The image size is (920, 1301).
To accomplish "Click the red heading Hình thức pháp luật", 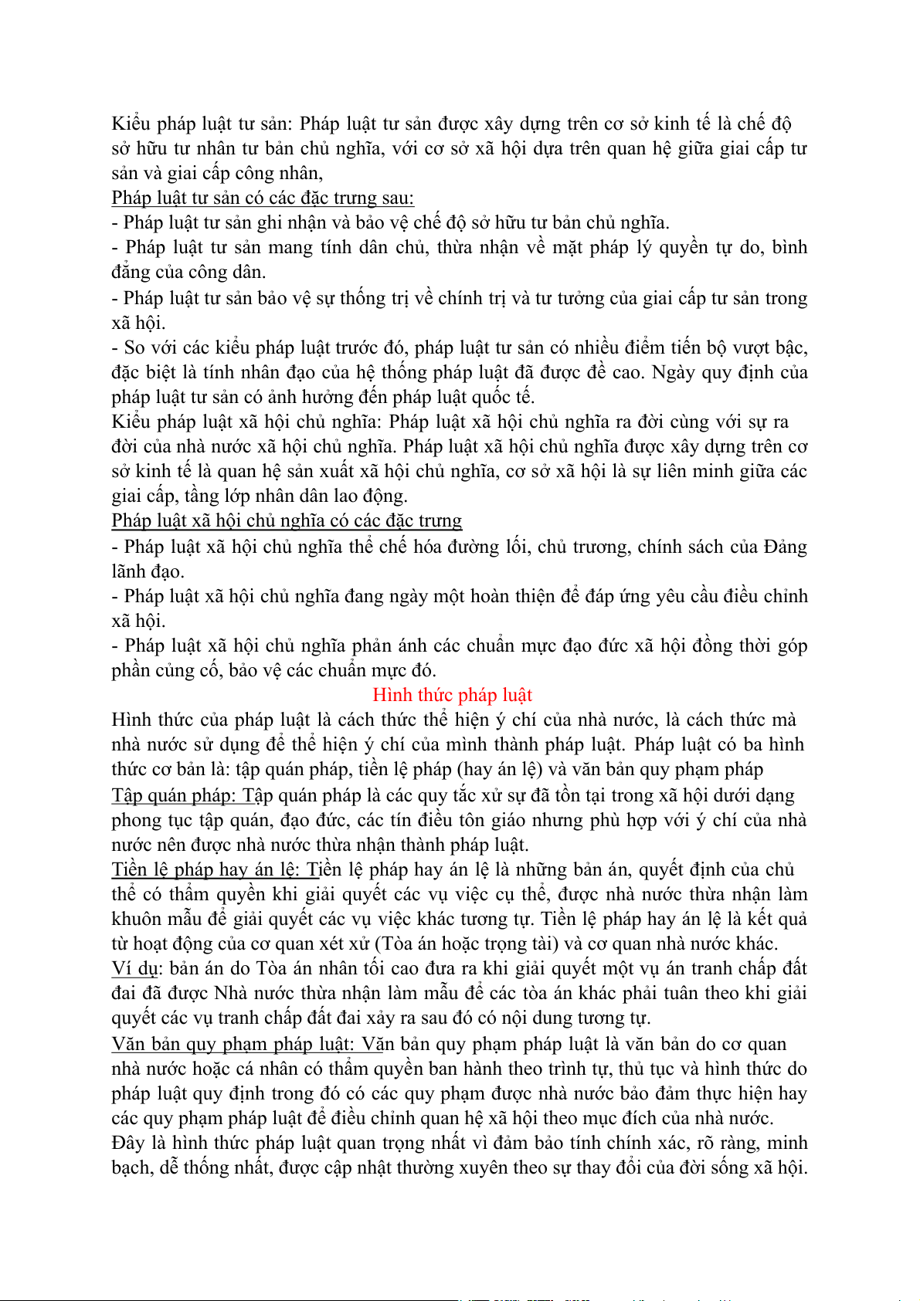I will point(453,695).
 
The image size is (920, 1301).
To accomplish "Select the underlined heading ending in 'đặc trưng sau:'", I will point(263,198).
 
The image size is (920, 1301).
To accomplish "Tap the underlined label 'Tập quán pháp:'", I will point(174,795).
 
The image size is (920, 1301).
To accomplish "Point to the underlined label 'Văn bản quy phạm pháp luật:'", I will point(233,1044).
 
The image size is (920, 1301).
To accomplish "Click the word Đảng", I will point(785,547).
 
